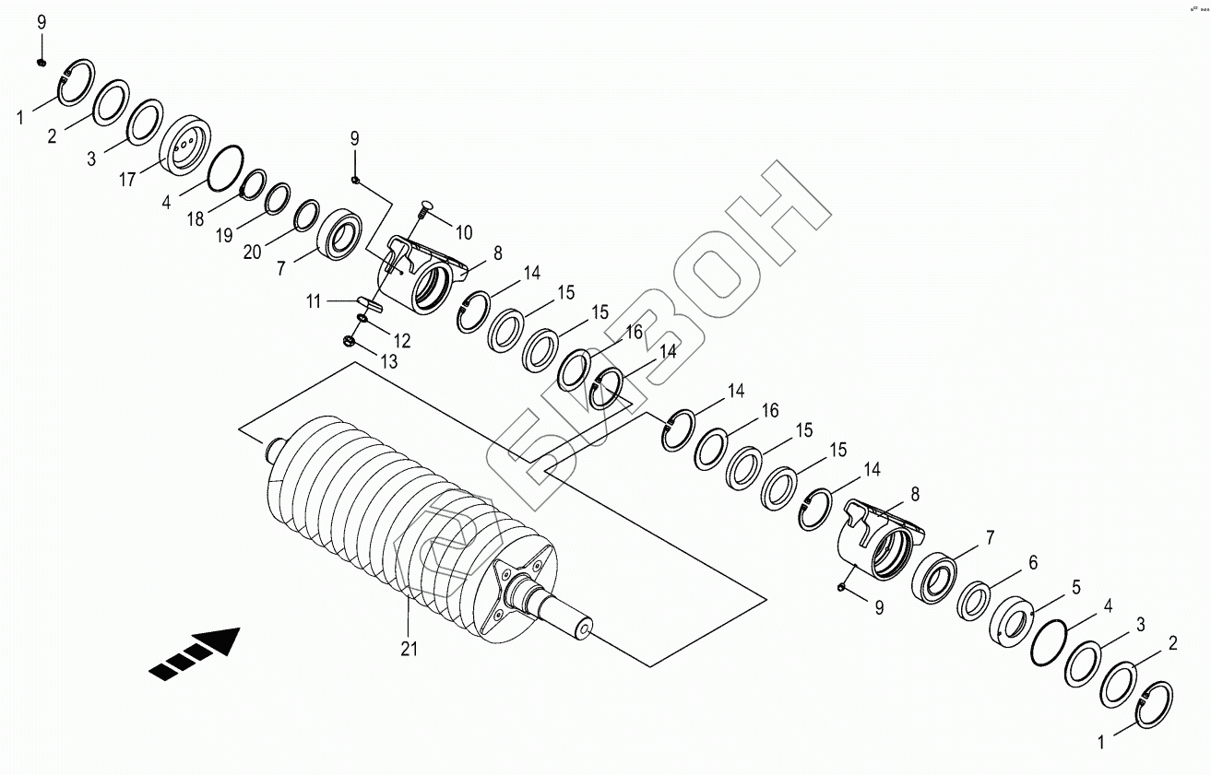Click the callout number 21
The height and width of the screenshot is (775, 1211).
pos(410,649)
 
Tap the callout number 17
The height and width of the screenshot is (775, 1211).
pos(128,180)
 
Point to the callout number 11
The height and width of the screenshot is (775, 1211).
pos(315,300)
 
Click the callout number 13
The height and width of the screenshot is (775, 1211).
pos(389,362)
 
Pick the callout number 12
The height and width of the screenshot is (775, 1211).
pos(402,341)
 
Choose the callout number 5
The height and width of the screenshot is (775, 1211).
pos(1075,587)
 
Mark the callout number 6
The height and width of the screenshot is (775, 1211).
pos(1033,561)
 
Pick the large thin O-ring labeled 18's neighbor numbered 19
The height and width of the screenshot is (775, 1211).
pos(278,197)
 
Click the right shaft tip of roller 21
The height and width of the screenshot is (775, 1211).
pos(584,629)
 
